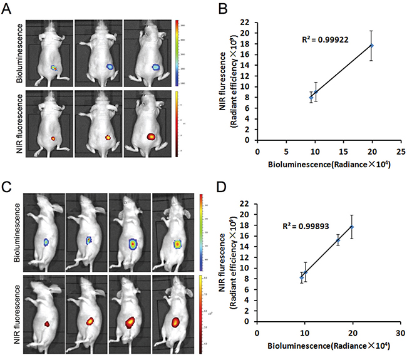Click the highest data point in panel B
click(372, 45)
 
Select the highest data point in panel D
click(353, 227)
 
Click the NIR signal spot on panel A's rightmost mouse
click(151, 135)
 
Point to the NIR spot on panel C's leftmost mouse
click(46, 324)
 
